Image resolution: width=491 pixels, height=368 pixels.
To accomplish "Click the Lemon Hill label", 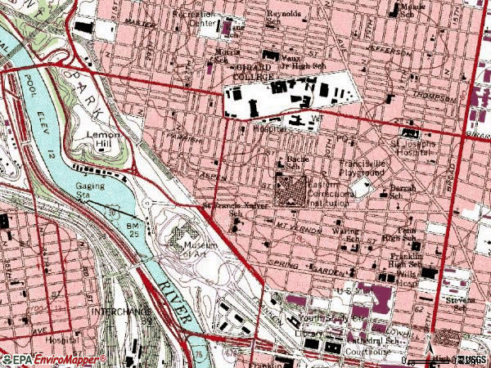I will pos(104,139).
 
